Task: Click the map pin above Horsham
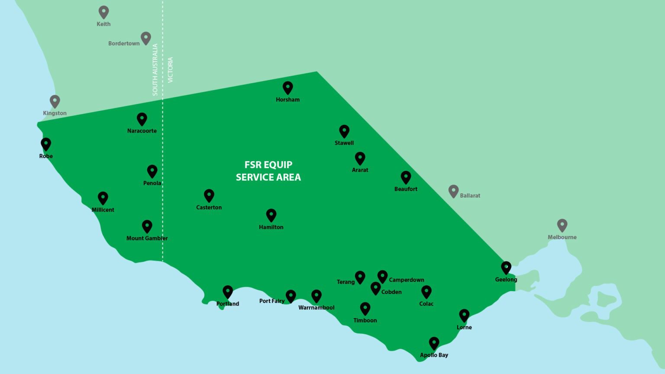287,87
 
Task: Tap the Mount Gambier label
147,238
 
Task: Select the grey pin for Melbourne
562,225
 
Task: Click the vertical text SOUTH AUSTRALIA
155,70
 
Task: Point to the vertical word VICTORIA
170,70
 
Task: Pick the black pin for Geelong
506,267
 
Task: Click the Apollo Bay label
434,355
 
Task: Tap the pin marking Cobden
375,288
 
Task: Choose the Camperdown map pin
382,276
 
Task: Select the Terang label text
345,282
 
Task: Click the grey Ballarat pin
453,191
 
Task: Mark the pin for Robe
46,144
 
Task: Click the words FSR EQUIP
268,165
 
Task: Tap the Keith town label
103,24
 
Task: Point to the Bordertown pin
146,38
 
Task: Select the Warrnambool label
316,308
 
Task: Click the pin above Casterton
209,195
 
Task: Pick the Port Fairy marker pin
291,296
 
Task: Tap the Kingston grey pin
55,101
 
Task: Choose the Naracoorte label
142,130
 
